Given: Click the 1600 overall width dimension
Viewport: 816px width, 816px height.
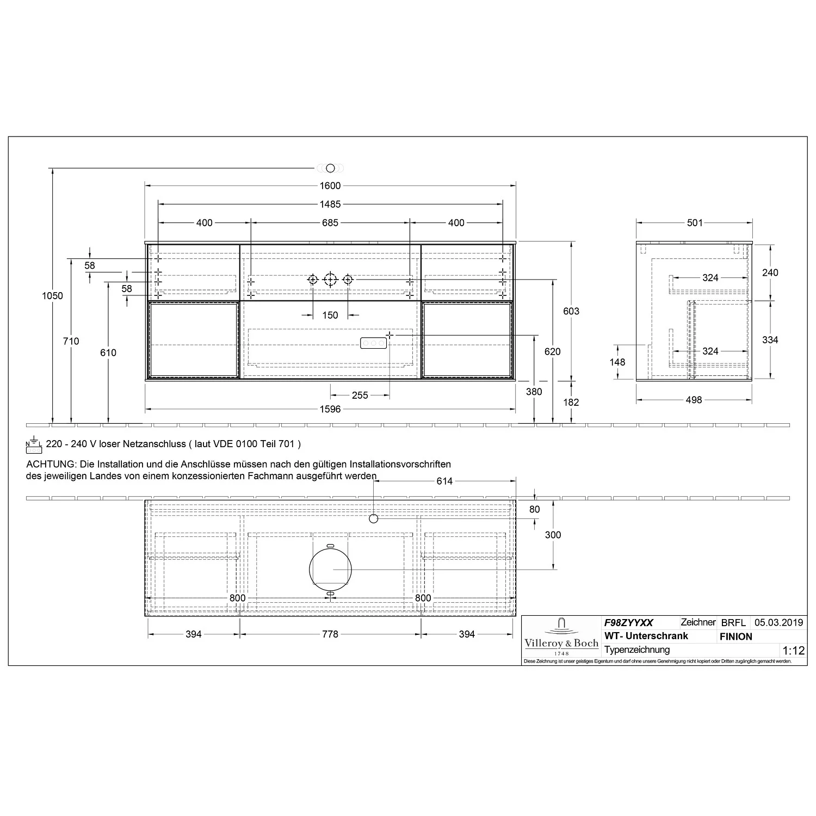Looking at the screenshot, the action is tap(330, 186).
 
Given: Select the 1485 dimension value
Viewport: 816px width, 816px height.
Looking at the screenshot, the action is tap(330, 205).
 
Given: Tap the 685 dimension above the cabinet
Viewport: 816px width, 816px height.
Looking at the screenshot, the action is tap(330, 223).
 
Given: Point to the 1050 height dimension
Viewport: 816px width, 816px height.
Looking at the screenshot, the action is tap(53, 296).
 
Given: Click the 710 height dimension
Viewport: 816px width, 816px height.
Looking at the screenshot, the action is tap(71, 341).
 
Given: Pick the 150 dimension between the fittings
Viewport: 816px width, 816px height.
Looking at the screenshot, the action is tap(330, 316).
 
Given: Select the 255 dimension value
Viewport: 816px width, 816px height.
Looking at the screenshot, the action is tap(360, 395).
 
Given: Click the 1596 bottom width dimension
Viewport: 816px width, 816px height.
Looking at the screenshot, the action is tap(330, 409).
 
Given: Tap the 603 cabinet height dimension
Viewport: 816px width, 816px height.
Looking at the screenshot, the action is tap(571, 311).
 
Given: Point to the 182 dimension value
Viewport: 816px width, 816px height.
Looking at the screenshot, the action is tap(571, 403).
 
